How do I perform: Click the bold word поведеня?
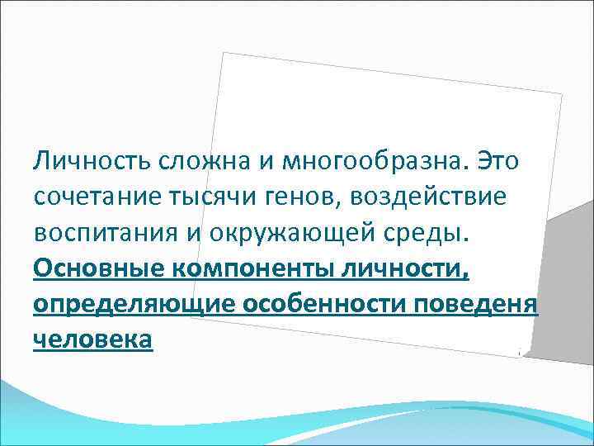482,304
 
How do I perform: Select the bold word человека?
93,340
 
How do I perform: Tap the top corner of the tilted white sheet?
225,53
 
